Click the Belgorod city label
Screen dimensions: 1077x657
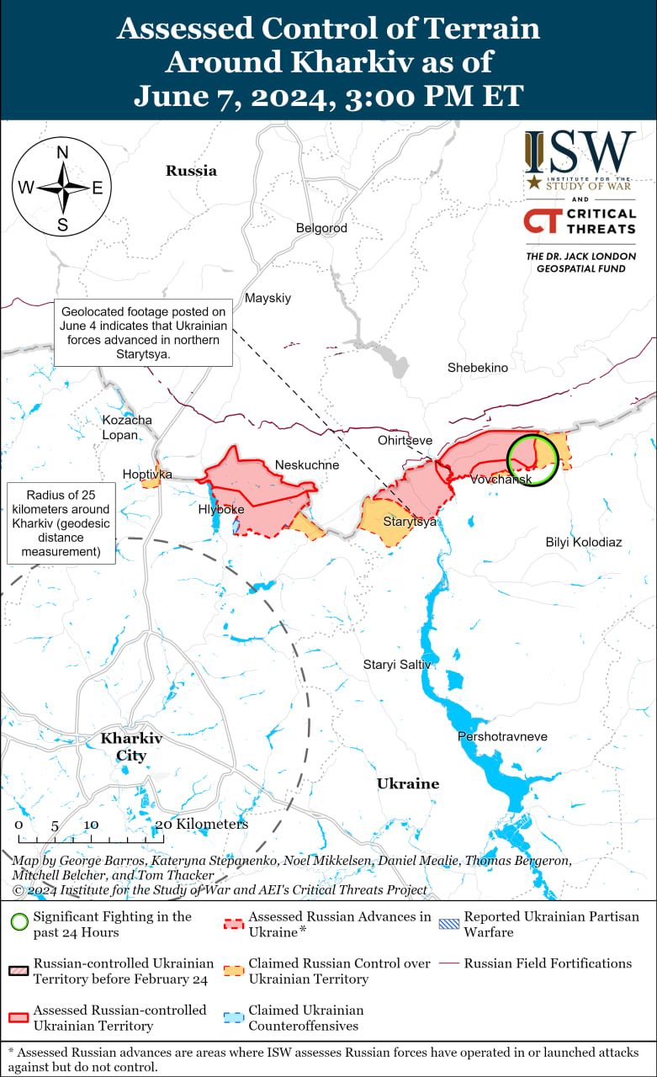click(321, 228)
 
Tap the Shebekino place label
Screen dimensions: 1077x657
click(478, 368)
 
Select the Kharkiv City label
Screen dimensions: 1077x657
click(131, 747)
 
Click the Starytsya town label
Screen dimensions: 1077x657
click(410, 522)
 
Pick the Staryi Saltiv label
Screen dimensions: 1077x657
click(397, 665)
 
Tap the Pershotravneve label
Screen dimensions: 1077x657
click(502, 736)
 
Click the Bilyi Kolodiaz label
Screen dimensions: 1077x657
click(584, 542)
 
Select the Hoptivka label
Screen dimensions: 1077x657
click(147, 475)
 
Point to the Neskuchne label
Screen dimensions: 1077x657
click(307, 465)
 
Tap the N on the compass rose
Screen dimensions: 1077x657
click(62, 152)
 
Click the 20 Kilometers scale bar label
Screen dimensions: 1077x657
click(203, 825)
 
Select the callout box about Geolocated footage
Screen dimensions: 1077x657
click(144, 332)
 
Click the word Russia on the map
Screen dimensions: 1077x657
click(191, 171)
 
